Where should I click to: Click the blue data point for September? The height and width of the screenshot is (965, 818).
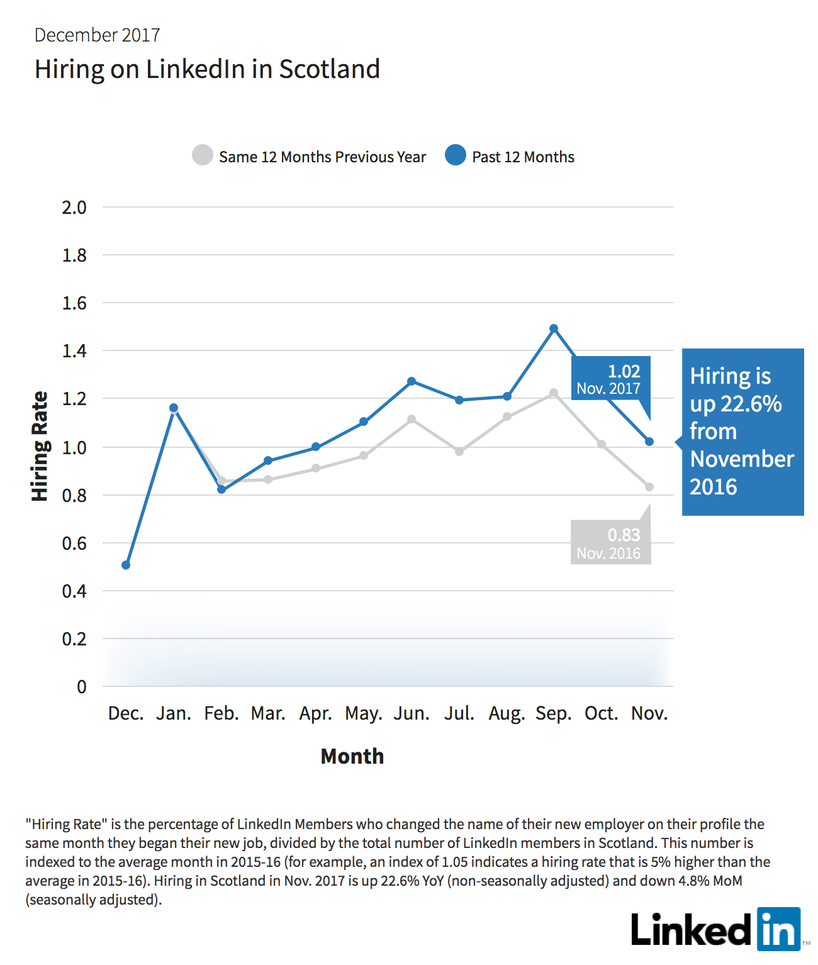pyautogui.click(x=553, y=328)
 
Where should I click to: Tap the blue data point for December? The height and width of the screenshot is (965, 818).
pyautogui.click(x=126, y=565)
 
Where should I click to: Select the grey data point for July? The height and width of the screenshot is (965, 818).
pyautogui.click(x=459, y=451)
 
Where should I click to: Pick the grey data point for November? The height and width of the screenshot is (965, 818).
pyautogui.click(x=649, y=486)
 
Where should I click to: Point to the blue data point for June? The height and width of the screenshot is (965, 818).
pyautogui.click(x=412, y=381)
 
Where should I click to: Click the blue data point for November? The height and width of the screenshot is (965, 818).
pyautogui.click(x=649, y=441)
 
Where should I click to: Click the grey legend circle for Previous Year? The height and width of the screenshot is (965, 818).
pyautogui.click(x=203, y=155)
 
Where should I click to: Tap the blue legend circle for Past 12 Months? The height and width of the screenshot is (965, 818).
pyautogui.click(x=455, y=155)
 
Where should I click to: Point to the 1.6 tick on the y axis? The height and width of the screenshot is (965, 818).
pyautogui.click(x=74, y=303)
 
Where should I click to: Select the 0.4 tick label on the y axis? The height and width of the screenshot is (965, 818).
pyautogui.click(x=74, y=591)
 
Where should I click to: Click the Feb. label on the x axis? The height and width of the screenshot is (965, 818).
pyautogui.click(x=221, y=713)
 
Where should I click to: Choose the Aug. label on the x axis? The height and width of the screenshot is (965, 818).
pyautogui.click(x=507, y=714)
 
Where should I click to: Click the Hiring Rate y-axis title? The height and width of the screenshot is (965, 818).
pyautogui.click(x=40, y=446)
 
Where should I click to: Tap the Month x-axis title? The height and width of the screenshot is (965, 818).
pyautogui.click(x=352, y=756)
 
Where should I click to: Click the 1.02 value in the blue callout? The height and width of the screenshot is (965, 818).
pyautogui.click(x=624, y=371)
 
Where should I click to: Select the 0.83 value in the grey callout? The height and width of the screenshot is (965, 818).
pyautogui.click(x=624, y=535)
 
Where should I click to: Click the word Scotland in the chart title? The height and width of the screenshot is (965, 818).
pyautogui.click(x=329, y=69)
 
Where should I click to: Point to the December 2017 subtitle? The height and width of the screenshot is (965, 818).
pyautogui.click(x=97, y=35)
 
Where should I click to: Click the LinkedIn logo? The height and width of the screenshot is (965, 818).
pyautogui.click(x=716, y=930)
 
